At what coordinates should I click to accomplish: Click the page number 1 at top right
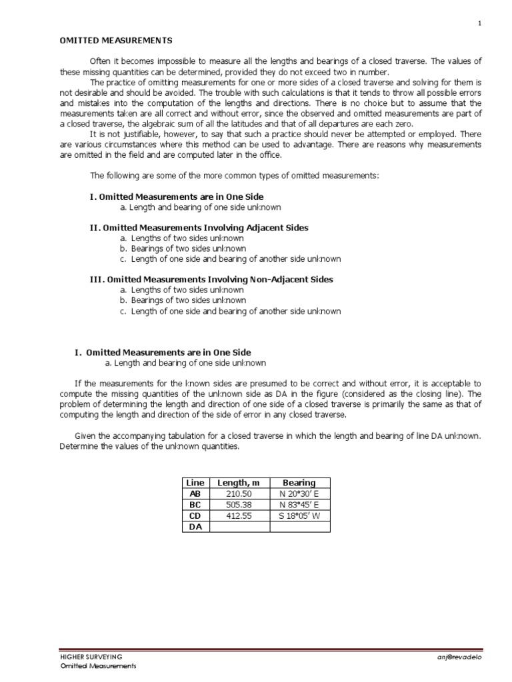tap(479, 23)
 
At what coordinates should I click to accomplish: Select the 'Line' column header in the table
tap(196, 482)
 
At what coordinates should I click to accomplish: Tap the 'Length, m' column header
tap(240, 482)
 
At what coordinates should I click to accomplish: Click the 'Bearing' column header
tap(299, 482)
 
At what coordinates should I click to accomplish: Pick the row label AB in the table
tap(196, 494)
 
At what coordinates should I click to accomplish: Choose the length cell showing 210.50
tap(240, 494)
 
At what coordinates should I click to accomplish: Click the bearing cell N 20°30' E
tap(299, 494)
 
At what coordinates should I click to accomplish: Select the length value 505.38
tap(240, 505)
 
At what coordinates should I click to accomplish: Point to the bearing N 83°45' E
tap(299, 505)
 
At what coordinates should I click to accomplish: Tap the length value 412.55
tap(240, 515)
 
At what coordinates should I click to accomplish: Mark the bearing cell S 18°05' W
tap(299, 515)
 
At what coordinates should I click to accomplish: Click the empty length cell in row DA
tap(240, 527)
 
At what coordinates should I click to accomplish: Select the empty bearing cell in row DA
tap(299, 527)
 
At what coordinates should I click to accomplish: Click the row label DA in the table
tap(196, 527)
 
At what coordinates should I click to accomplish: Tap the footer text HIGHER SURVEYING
tap(91, 657)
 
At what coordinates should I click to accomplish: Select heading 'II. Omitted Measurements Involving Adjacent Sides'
tap(199, 228)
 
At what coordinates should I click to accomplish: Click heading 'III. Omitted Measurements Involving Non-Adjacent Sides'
tap(211, 280)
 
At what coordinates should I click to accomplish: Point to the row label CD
tap(196, 515)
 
